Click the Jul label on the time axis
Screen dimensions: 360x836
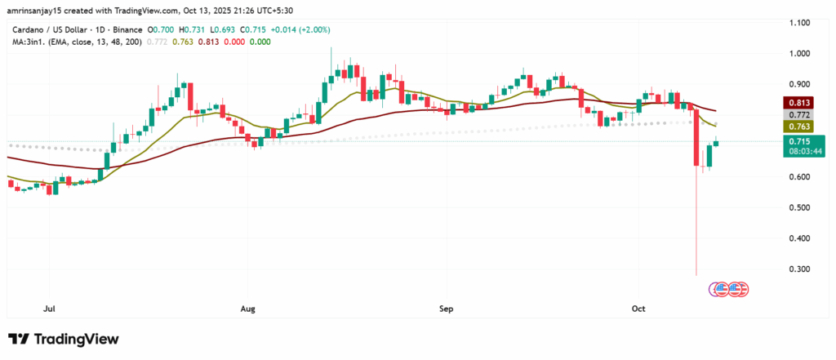tap(49, 309)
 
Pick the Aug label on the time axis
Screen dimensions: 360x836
tap(248, 309)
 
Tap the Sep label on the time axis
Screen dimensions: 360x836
tap(445, 309)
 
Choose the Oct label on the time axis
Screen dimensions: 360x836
tap(638, 309)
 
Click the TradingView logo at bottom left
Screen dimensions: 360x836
tap(63, 339)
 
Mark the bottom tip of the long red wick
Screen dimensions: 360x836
tap(696, 275)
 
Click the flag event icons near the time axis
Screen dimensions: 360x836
tap(729, 288)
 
